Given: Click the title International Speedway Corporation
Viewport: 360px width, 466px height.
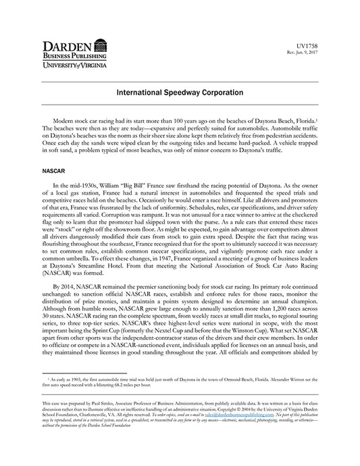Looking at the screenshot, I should tap(180, 90).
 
